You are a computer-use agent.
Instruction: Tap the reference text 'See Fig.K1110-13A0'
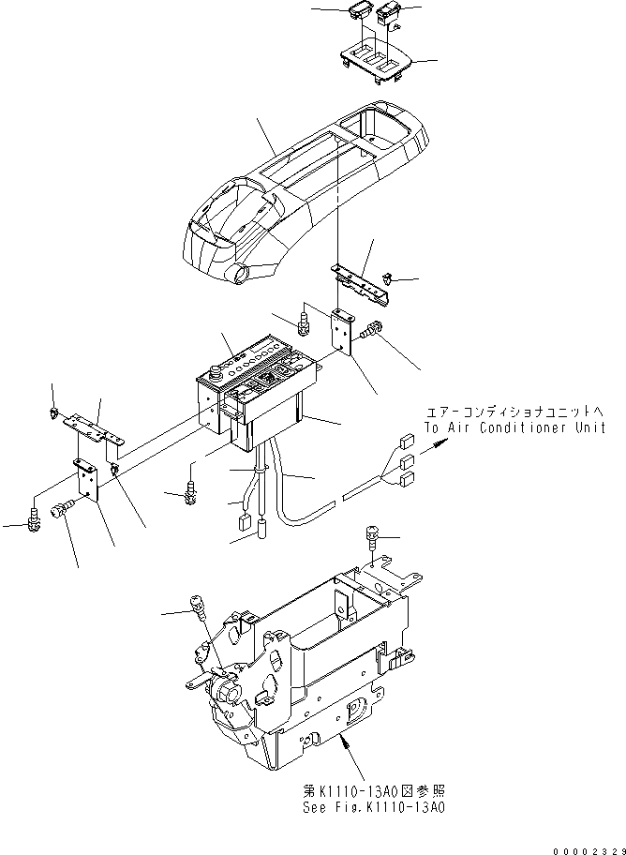click(x=384, y=805)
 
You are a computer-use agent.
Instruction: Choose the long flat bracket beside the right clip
click(x=361, y=281)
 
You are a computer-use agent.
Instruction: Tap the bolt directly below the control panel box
click(x=191, y=489)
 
